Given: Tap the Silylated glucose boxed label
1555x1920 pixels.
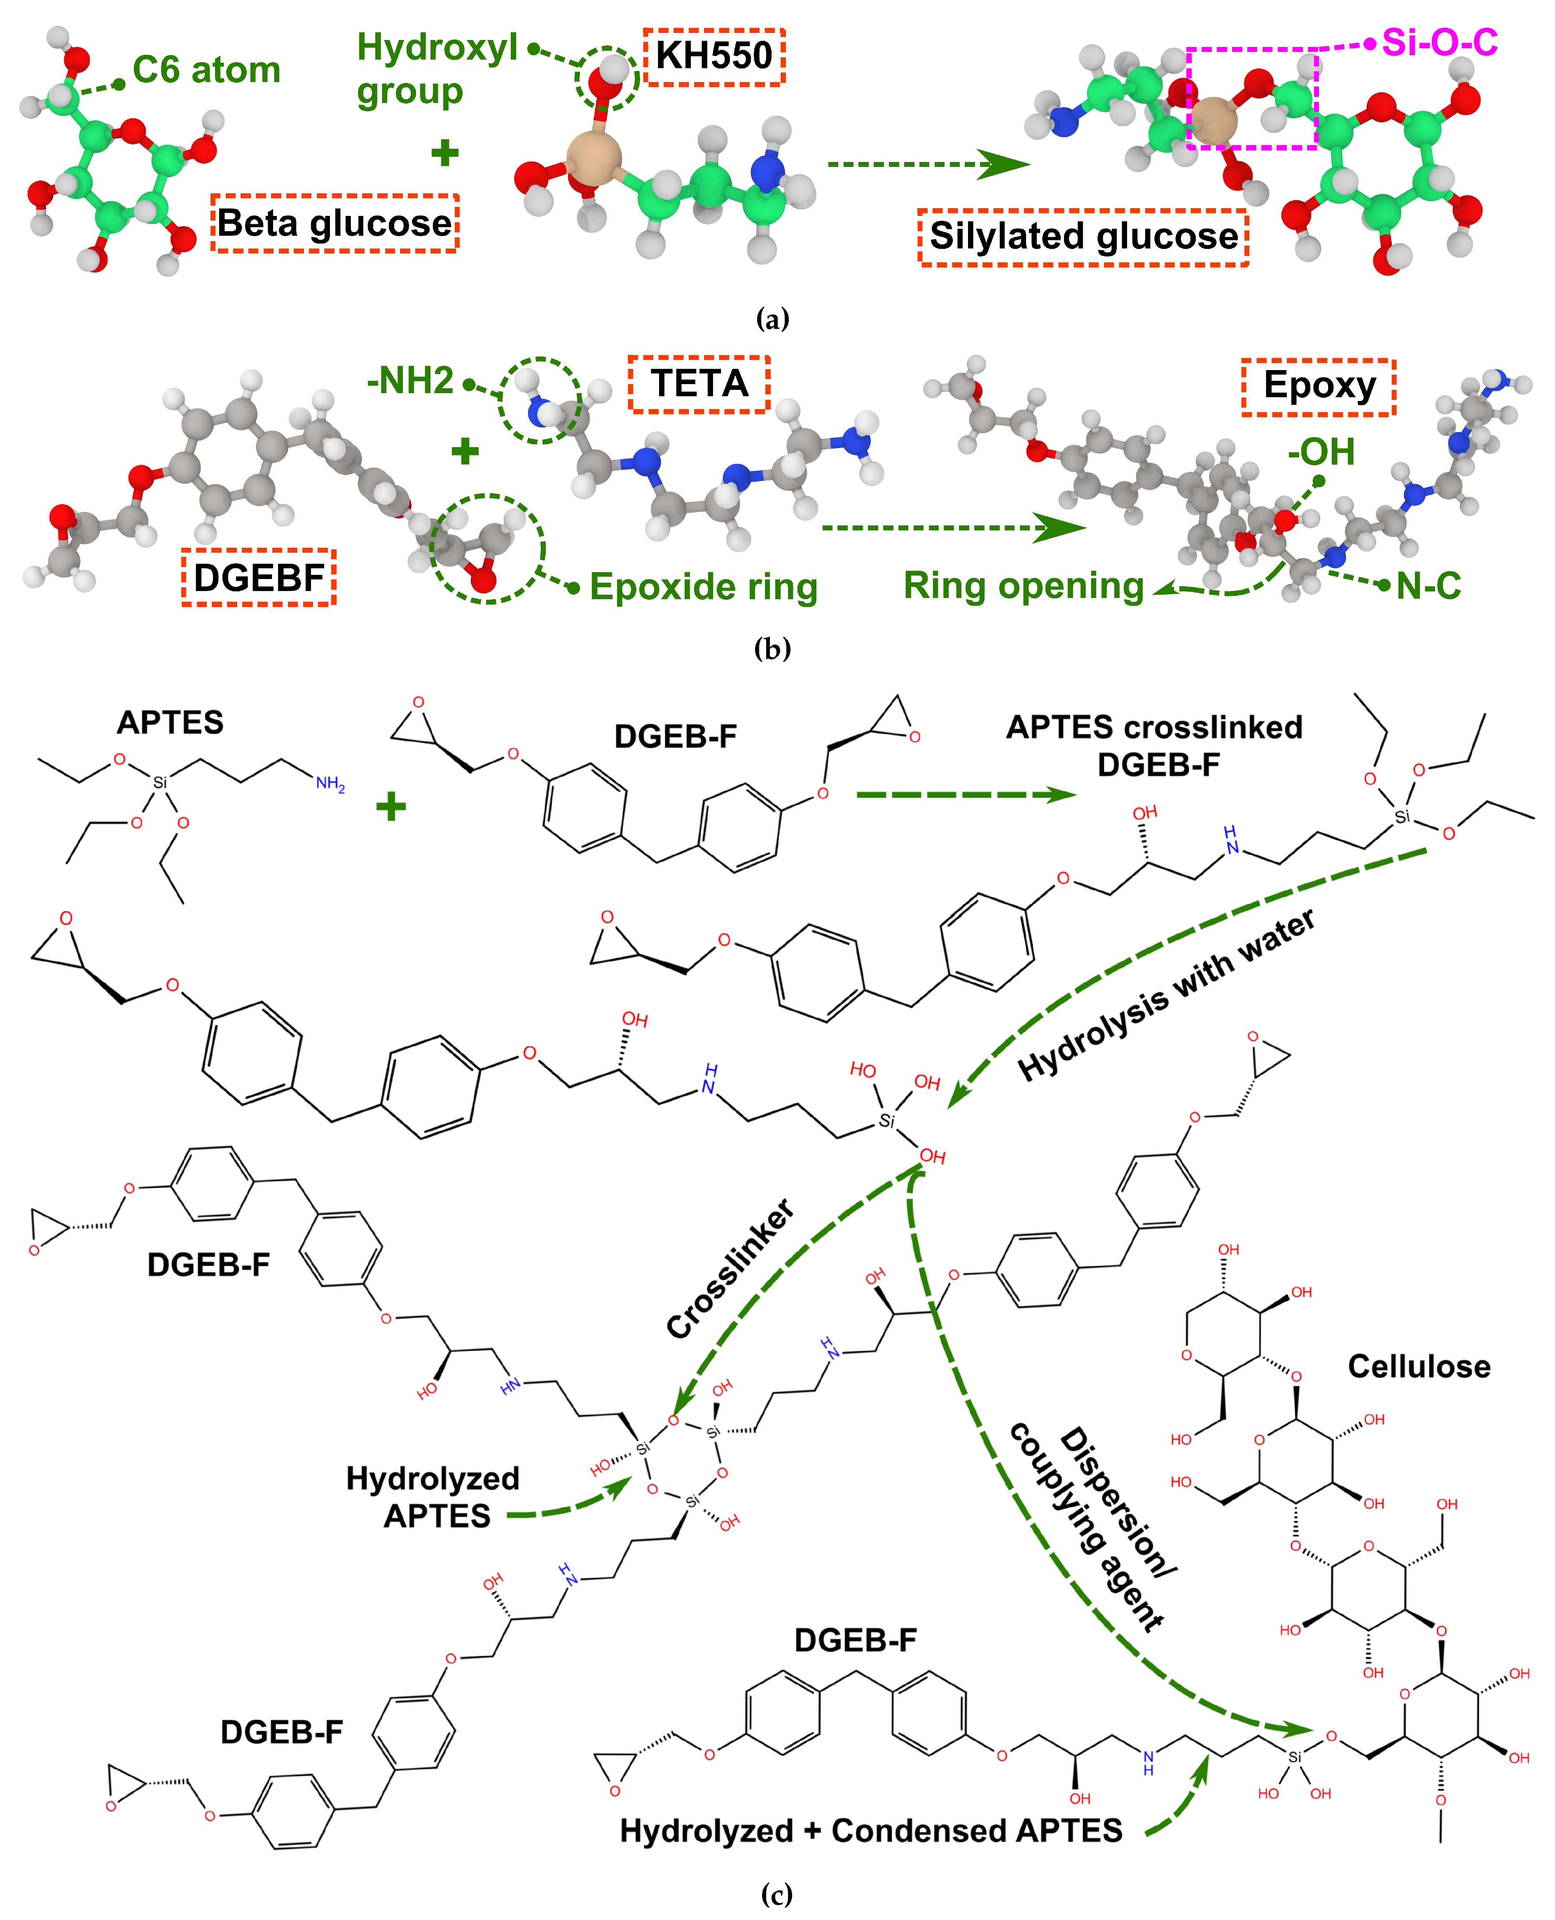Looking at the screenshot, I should click(1083, 237).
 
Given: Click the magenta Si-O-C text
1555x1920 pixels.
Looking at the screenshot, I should click(1438, 42).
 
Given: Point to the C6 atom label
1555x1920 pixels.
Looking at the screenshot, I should click(206, 70).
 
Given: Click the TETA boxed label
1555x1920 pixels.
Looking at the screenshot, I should click(699, 383).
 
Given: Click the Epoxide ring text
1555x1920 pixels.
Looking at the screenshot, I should click(703, 587).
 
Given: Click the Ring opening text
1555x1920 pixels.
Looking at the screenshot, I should click(1023, 586).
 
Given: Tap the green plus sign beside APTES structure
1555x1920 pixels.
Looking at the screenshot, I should click(391, 806).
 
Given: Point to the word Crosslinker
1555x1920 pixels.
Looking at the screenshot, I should click(730, 1268).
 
